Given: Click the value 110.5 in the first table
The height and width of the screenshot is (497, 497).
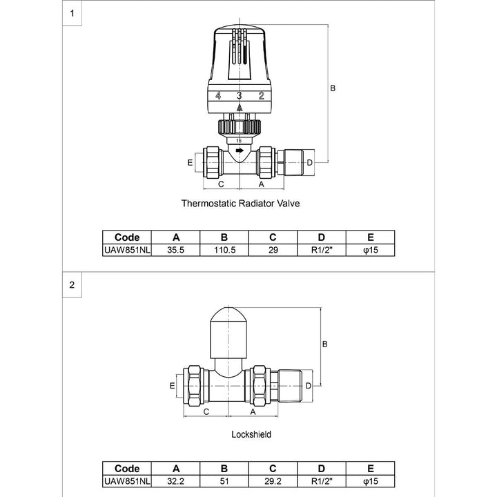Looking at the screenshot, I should [224, 249].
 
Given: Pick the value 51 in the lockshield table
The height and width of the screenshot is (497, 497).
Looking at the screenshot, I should [224, 480].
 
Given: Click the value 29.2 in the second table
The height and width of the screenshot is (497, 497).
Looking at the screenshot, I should [273, 480].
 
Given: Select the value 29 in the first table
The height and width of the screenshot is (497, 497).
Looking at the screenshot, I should [273, 249].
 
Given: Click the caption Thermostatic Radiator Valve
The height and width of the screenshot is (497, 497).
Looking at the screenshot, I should [241, 204].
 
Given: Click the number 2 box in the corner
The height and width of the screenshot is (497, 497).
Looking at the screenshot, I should [72, 284].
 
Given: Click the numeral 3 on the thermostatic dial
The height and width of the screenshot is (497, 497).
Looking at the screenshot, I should [240, 96].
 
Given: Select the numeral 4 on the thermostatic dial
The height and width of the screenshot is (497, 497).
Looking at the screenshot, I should [217, 96].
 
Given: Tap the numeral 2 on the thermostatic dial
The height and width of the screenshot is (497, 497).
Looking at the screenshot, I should [261, 96].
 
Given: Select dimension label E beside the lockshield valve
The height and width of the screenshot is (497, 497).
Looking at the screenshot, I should [172, 386].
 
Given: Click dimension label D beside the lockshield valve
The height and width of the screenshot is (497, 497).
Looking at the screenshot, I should [308, 384].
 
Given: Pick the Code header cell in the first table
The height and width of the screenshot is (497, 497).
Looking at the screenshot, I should [126, 237].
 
